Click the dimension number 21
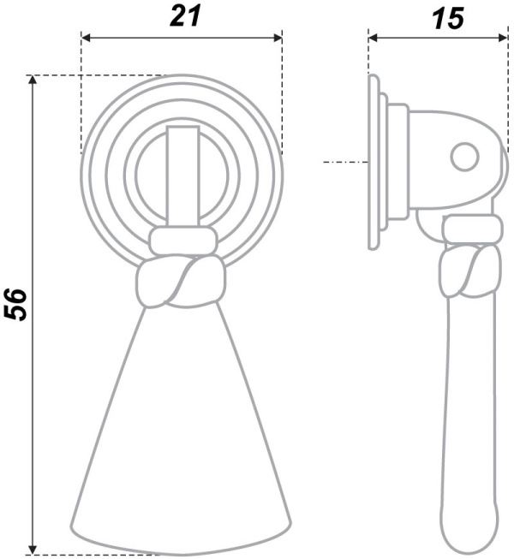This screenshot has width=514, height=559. (x=186, y=16)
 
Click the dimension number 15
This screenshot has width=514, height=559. (x=448, y=19)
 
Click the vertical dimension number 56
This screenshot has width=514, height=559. (x=15, y=305)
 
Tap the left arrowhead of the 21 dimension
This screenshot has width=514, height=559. (x=86, y=38)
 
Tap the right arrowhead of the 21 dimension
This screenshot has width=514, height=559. (x=278, y=38)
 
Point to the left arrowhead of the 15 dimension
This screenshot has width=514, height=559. (x=374, y=38)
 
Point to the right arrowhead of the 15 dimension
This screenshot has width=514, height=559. (x=502, y=38)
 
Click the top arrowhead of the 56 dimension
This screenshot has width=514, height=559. (x=33, y=80)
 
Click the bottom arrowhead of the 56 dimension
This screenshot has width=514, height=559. (x=33, y=550)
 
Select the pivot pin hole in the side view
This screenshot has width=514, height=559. (x=464, y=157)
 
